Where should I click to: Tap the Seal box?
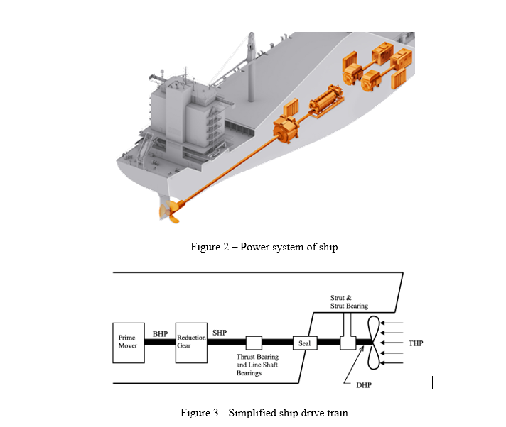pos(302,343)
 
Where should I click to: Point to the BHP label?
pos(159,333)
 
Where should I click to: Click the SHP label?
pos(220,332)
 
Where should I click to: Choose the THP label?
pos(416,343)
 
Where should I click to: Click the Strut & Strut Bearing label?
pos(349,301)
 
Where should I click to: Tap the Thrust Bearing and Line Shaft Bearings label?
pos(257,365)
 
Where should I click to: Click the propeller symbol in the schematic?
pos(371,343)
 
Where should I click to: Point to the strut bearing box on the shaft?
pos(348,343)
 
